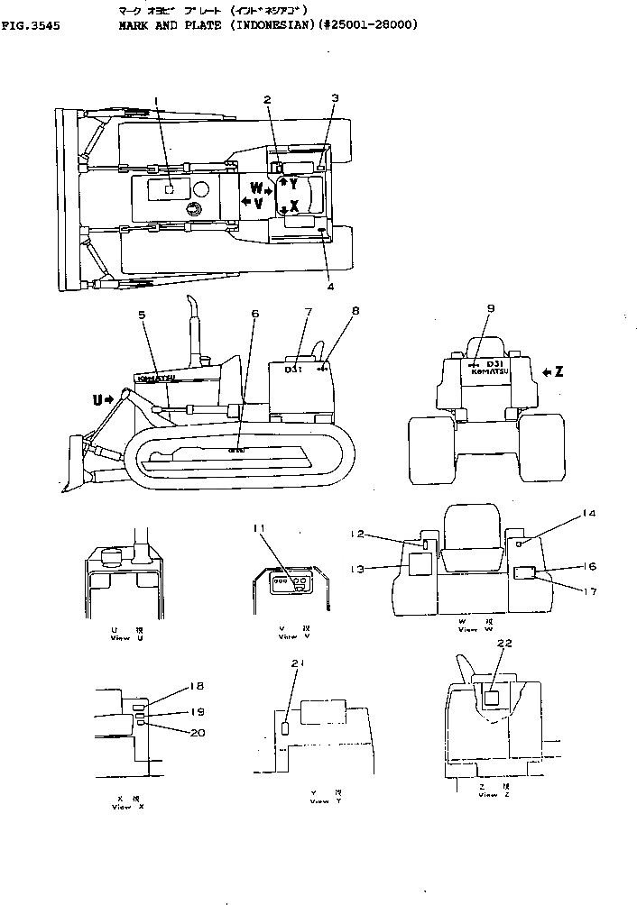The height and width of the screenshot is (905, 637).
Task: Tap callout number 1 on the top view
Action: tap(155, 101)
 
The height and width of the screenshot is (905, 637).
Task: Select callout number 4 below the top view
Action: tap(330, 288)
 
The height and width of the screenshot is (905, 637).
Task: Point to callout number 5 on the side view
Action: tap(142, 315)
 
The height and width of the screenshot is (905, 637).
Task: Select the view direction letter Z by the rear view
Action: tap(559, 371)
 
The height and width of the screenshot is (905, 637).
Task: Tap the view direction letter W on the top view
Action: tap(255, 189)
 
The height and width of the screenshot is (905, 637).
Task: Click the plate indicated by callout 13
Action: tap(420, 564)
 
